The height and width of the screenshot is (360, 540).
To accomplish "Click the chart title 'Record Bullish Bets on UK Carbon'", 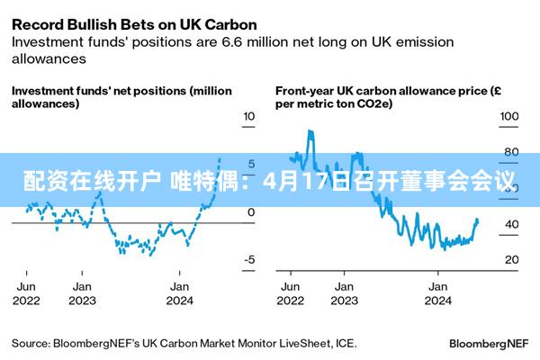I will (134, 23).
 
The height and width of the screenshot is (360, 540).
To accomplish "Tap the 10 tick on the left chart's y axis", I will (249, 117).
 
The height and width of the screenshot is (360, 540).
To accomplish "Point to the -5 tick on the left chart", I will (249, 260).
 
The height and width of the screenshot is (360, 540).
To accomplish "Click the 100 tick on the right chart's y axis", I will (508, 117).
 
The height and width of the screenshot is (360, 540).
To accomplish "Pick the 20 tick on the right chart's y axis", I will (510, 260).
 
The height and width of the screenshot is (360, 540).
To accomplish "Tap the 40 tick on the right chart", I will (510, 224).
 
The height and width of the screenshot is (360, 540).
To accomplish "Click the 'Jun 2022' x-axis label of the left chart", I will (27, 293).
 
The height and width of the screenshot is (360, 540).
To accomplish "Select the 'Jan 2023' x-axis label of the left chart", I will (82, 293).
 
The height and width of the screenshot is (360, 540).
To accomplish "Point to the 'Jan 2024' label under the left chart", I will (180, 293).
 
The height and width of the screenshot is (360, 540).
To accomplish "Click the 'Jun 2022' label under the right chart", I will (290, 293).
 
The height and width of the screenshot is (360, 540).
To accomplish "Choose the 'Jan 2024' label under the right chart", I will (438, 293).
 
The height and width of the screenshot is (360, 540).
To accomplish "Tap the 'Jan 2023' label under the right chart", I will (342, 293).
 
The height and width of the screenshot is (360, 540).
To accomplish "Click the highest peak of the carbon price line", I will (310, 131).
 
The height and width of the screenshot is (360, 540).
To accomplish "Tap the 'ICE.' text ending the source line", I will (346, 343).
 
